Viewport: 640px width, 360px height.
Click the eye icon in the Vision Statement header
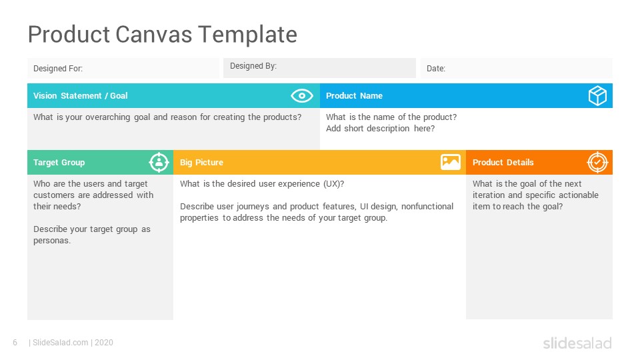coord(301,96)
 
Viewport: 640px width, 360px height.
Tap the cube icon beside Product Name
coord(597,96)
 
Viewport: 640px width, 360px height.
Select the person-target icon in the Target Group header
coord(159,163)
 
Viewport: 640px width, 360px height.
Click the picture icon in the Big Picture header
coord(451,162)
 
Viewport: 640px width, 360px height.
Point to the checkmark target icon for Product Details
coord(597,163)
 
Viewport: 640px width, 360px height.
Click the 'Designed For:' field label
coord(58,69)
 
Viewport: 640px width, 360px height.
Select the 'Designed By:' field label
coord(253,66)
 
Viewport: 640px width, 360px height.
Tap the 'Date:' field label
coord(436,69)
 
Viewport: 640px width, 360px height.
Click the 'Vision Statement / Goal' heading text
coord(81,96)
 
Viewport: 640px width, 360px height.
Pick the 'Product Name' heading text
coord(354,96)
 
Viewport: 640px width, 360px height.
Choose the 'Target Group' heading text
coord(59,163)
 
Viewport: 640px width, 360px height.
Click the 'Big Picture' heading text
coord(201,163)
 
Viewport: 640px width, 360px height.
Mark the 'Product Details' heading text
coord(503,163)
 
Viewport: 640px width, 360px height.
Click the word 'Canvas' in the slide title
coord(154,34)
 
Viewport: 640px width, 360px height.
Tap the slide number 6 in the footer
coord(15,343)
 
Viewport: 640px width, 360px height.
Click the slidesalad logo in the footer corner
coord(577,343)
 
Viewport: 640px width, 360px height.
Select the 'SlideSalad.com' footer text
coord(61,343)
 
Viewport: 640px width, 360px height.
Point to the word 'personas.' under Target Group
coord(52,241)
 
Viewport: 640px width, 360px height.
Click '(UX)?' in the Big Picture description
coord(334,184)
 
